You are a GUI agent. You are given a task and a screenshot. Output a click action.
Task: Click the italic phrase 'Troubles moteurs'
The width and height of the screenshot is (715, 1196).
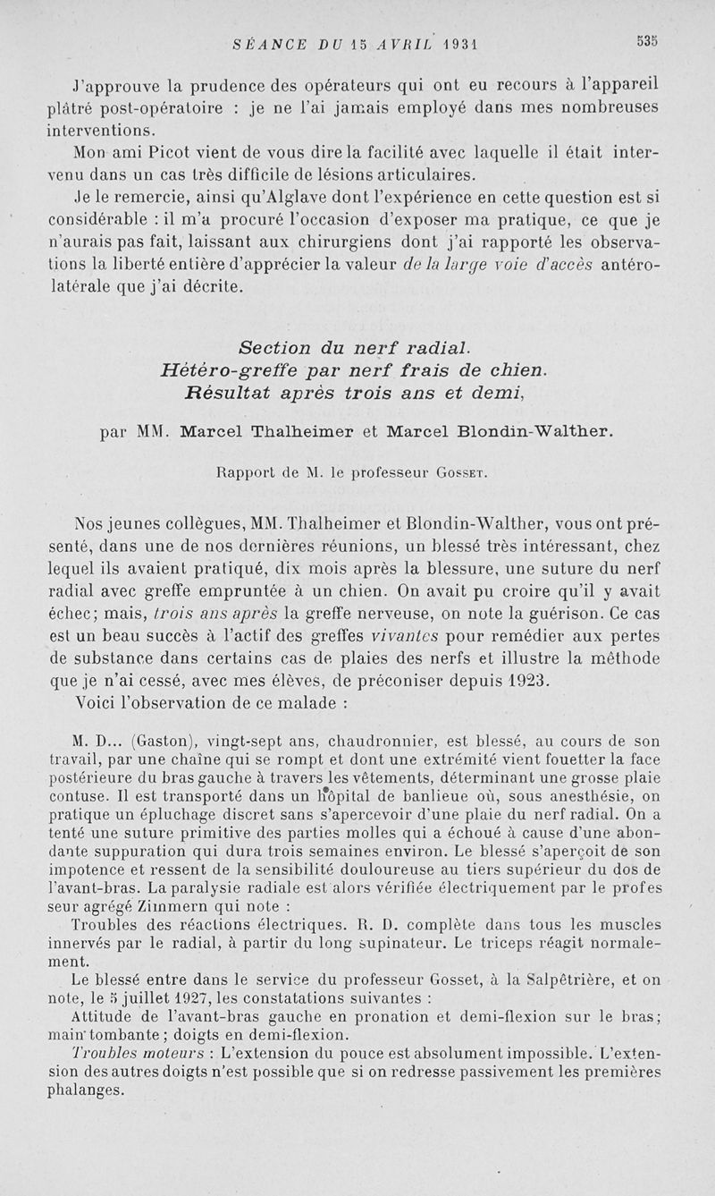pos(123,1051)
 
